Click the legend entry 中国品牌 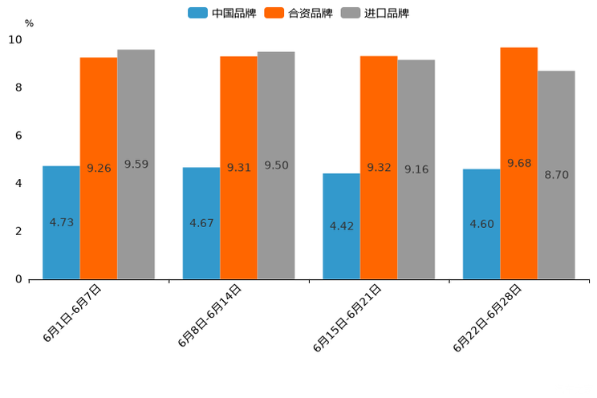pyautogui.click(x=221, y=13)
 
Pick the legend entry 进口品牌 pyautogui.click(x=375, y=13)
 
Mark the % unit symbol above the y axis pyautogui.click(x=29, y=23)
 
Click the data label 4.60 pyautogui.click(x=481, y=224)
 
